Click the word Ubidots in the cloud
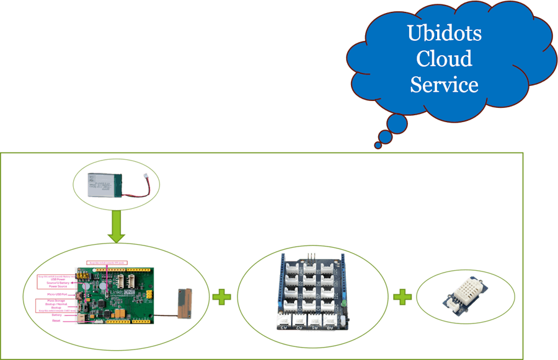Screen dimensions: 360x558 (444, 33)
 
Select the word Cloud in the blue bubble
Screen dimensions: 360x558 (444, 59)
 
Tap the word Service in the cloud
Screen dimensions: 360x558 (444, 84)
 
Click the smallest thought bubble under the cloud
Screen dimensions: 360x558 (378, 145)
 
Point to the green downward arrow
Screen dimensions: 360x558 (116, 229)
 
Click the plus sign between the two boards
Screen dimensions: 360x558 (221, 297)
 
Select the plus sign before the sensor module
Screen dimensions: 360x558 (402, 297)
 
